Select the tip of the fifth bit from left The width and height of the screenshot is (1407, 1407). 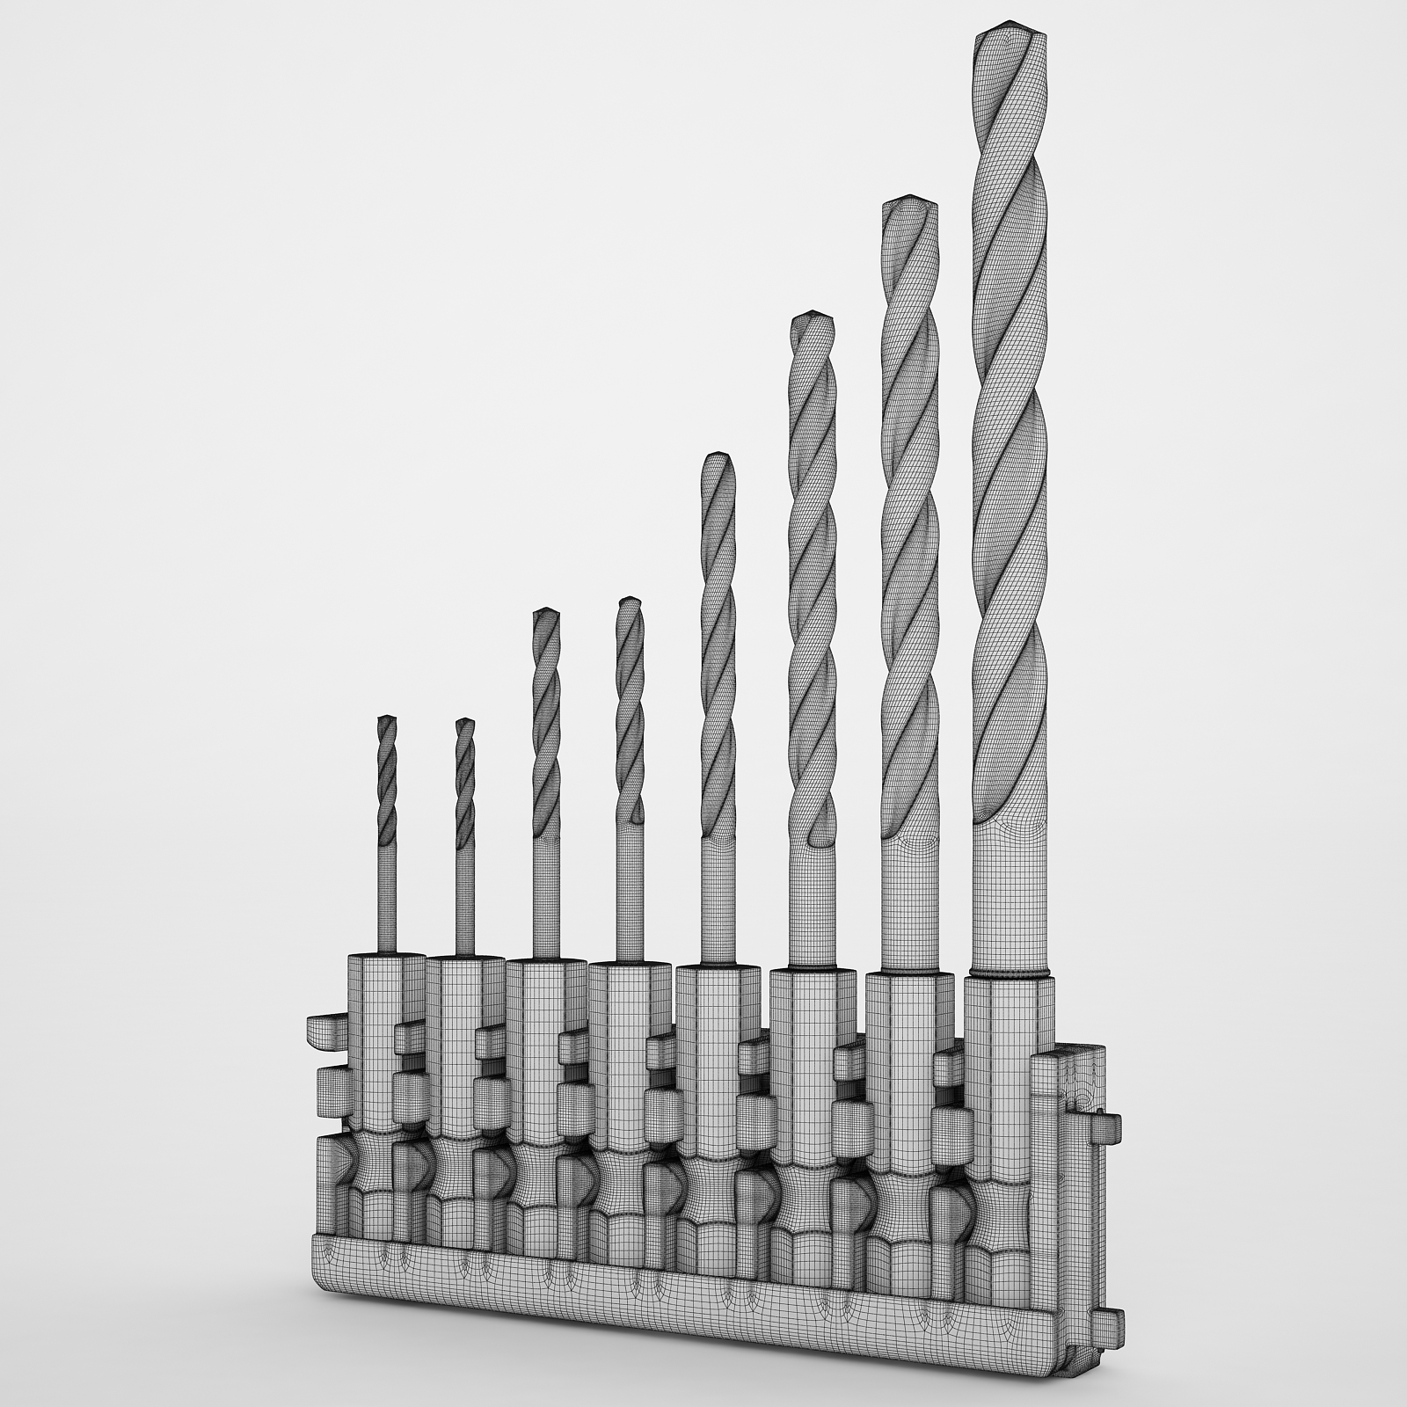tap(715, 457)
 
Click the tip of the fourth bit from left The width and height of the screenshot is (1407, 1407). tap(630, 602)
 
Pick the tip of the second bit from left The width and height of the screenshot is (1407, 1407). tap(465, 723)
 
